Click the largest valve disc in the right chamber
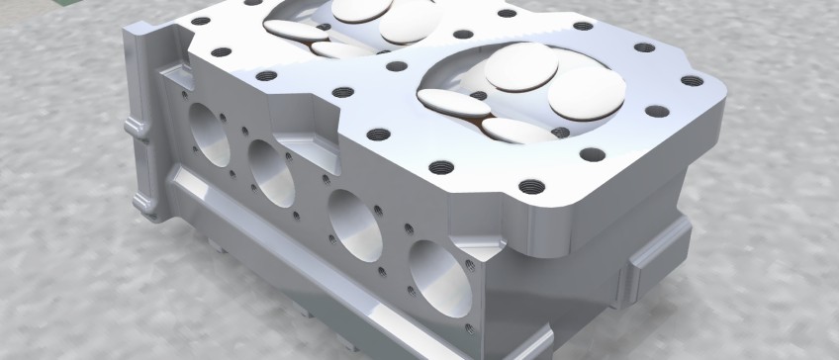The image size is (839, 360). click(587, 92)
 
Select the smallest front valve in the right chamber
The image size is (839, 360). click(516, 130)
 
